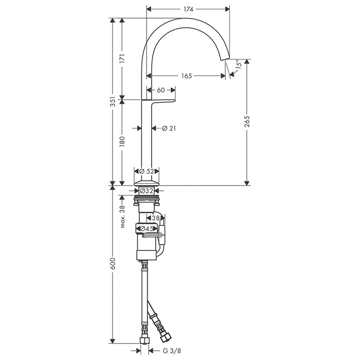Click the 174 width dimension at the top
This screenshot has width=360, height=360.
188,9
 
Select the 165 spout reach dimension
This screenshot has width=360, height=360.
186,76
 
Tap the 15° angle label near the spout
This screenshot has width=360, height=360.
238,64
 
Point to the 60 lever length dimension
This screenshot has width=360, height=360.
160,90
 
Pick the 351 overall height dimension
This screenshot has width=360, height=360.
113,100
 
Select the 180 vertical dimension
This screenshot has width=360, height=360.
122,141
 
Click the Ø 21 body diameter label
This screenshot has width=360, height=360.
169,129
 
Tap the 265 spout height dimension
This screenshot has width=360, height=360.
247,122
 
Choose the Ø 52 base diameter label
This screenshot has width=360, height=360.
147,171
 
